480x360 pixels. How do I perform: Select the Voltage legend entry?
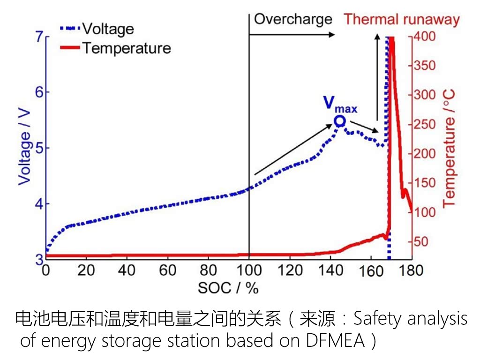[108, 29]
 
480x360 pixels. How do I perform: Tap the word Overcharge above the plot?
[293, 19]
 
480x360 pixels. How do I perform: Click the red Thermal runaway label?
[402, 20]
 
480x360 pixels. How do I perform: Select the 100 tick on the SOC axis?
[249, 270]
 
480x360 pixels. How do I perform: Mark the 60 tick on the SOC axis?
[167, 270]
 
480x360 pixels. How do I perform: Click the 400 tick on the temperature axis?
[425, 37]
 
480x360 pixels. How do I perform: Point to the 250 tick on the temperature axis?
[425, 125]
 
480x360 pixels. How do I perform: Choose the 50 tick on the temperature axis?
[422, 242]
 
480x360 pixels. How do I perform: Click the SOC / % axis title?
[228, 287]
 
